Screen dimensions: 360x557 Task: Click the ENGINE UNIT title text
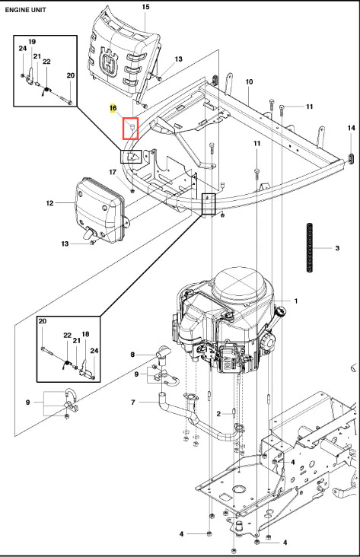(25, 10)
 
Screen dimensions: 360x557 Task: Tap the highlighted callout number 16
(113, 108)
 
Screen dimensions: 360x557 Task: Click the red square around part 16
(130, 129)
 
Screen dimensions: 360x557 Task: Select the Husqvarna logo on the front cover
(108, 63)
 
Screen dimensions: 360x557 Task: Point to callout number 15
(145, 7)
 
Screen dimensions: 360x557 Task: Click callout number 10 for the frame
(249, 81)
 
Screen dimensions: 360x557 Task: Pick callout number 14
(351, 128)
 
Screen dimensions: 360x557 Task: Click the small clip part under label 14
(352, 158)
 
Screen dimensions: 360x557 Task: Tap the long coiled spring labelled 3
(310, 247)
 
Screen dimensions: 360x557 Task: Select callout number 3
(337, 248)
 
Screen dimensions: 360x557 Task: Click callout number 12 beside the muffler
(49, 203)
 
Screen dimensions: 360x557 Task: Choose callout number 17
(113, 172)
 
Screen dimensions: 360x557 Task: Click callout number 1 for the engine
(295, 301)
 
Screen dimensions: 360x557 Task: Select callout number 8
(132, 355)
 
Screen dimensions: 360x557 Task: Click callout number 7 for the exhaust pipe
(133, 403)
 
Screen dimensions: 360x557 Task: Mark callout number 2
(218, 413)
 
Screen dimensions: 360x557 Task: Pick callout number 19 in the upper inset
(32, 42)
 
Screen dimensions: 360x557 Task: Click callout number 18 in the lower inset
(85, 334)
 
